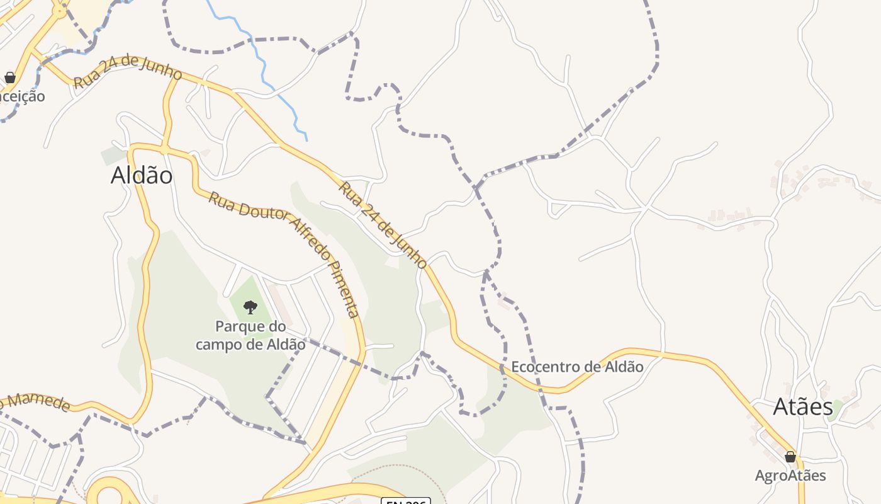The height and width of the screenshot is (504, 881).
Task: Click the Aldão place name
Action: pos(142,175)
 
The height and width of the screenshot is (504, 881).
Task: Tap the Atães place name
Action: pos(803,407)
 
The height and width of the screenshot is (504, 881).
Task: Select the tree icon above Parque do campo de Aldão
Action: pos(250,307)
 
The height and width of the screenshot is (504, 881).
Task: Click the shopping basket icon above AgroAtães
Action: pos(790,457)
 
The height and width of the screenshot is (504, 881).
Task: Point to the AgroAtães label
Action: pos(790,475)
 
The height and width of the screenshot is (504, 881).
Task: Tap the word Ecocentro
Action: pos(545,367)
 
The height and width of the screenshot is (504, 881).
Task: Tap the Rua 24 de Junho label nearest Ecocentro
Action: pos(383,224)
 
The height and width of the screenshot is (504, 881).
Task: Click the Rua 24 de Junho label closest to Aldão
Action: pos(128,74)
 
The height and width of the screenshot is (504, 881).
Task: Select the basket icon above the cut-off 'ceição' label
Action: pos(10,77)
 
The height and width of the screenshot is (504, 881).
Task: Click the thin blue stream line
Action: pos(264,69)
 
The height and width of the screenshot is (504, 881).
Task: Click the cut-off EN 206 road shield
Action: pos(405,501)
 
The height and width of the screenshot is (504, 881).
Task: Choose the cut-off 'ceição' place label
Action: pos(23,96)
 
